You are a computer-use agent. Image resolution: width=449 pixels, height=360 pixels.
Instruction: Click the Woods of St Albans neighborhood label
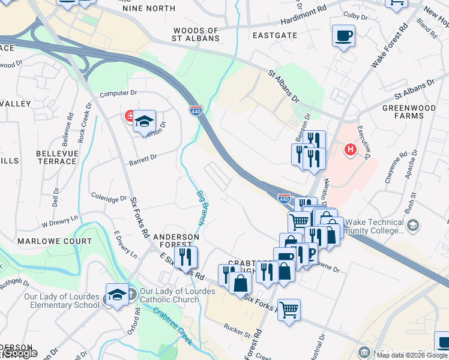click(x=196, y=34)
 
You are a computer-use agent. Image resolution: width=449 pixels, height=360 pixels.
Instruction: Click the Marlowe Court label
click(x=55, y=241)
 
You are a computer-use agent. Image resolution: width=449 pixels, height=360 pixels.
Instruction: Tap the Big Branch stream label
click(x=202, y=208)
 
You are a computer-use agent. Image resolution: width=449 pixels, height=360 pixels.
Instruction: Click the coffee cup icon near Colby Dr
click(x=343, y=36)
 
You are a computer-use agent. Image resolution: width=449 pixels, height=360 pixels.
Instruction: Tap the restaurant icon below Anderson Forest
click(x=186, y=257)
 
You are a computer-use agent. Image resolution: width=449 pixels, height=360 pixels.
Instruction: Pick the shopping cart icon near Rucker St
click(x=289, y=310)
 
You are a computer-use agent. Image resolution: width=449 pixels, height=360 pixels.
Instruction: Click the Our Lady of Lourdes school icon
click(x=117, y=295)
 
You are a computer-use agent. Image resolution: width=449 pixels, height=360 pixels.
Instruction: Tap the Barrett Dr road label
click(x=143, y=159)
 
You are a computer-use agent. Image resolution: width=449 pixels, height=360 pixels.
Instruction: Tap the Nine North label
click(x=149, y=8)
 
